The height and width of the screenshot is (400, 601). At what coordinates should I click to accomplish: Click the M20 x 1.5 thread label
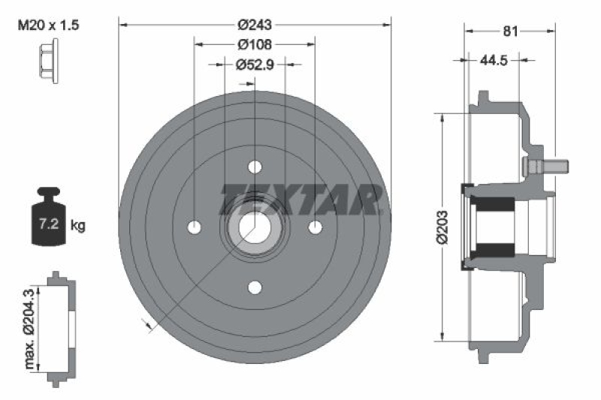pos(47,26)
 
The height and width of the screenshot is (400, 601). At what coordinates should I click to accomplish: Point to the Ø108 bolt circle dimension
pos(255,45)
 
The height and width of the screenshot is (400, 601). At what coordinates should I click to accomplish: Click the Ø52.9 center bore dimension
pos(255,65)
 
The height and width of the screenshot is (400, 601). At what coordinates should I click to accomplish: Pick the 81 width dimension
pos(511,31)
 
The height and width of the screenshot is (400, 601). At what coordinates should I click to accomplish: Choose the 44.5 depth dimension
pos(493,59)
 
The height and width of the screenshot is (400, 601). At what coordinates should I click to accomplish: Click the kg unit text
pos(77,224)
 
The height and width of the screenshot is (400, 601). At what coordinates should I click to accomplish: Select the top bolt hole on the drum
pos(255,166)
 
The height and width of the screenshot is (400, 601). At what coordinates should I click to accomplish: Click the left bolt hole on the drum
pos(195,227)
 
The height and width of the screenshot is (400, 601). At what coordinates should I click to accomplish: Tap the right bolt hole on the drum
pos(315,227)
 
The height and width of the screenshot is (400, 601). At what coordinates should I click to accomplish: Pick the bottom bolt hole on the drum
pos(255,287)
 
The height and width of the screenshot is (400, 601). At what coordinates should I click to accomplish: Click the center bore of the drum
pos(255,227)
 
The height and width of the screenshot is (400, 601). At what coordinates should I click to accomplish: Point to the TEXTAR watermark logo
pos(300,199)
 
